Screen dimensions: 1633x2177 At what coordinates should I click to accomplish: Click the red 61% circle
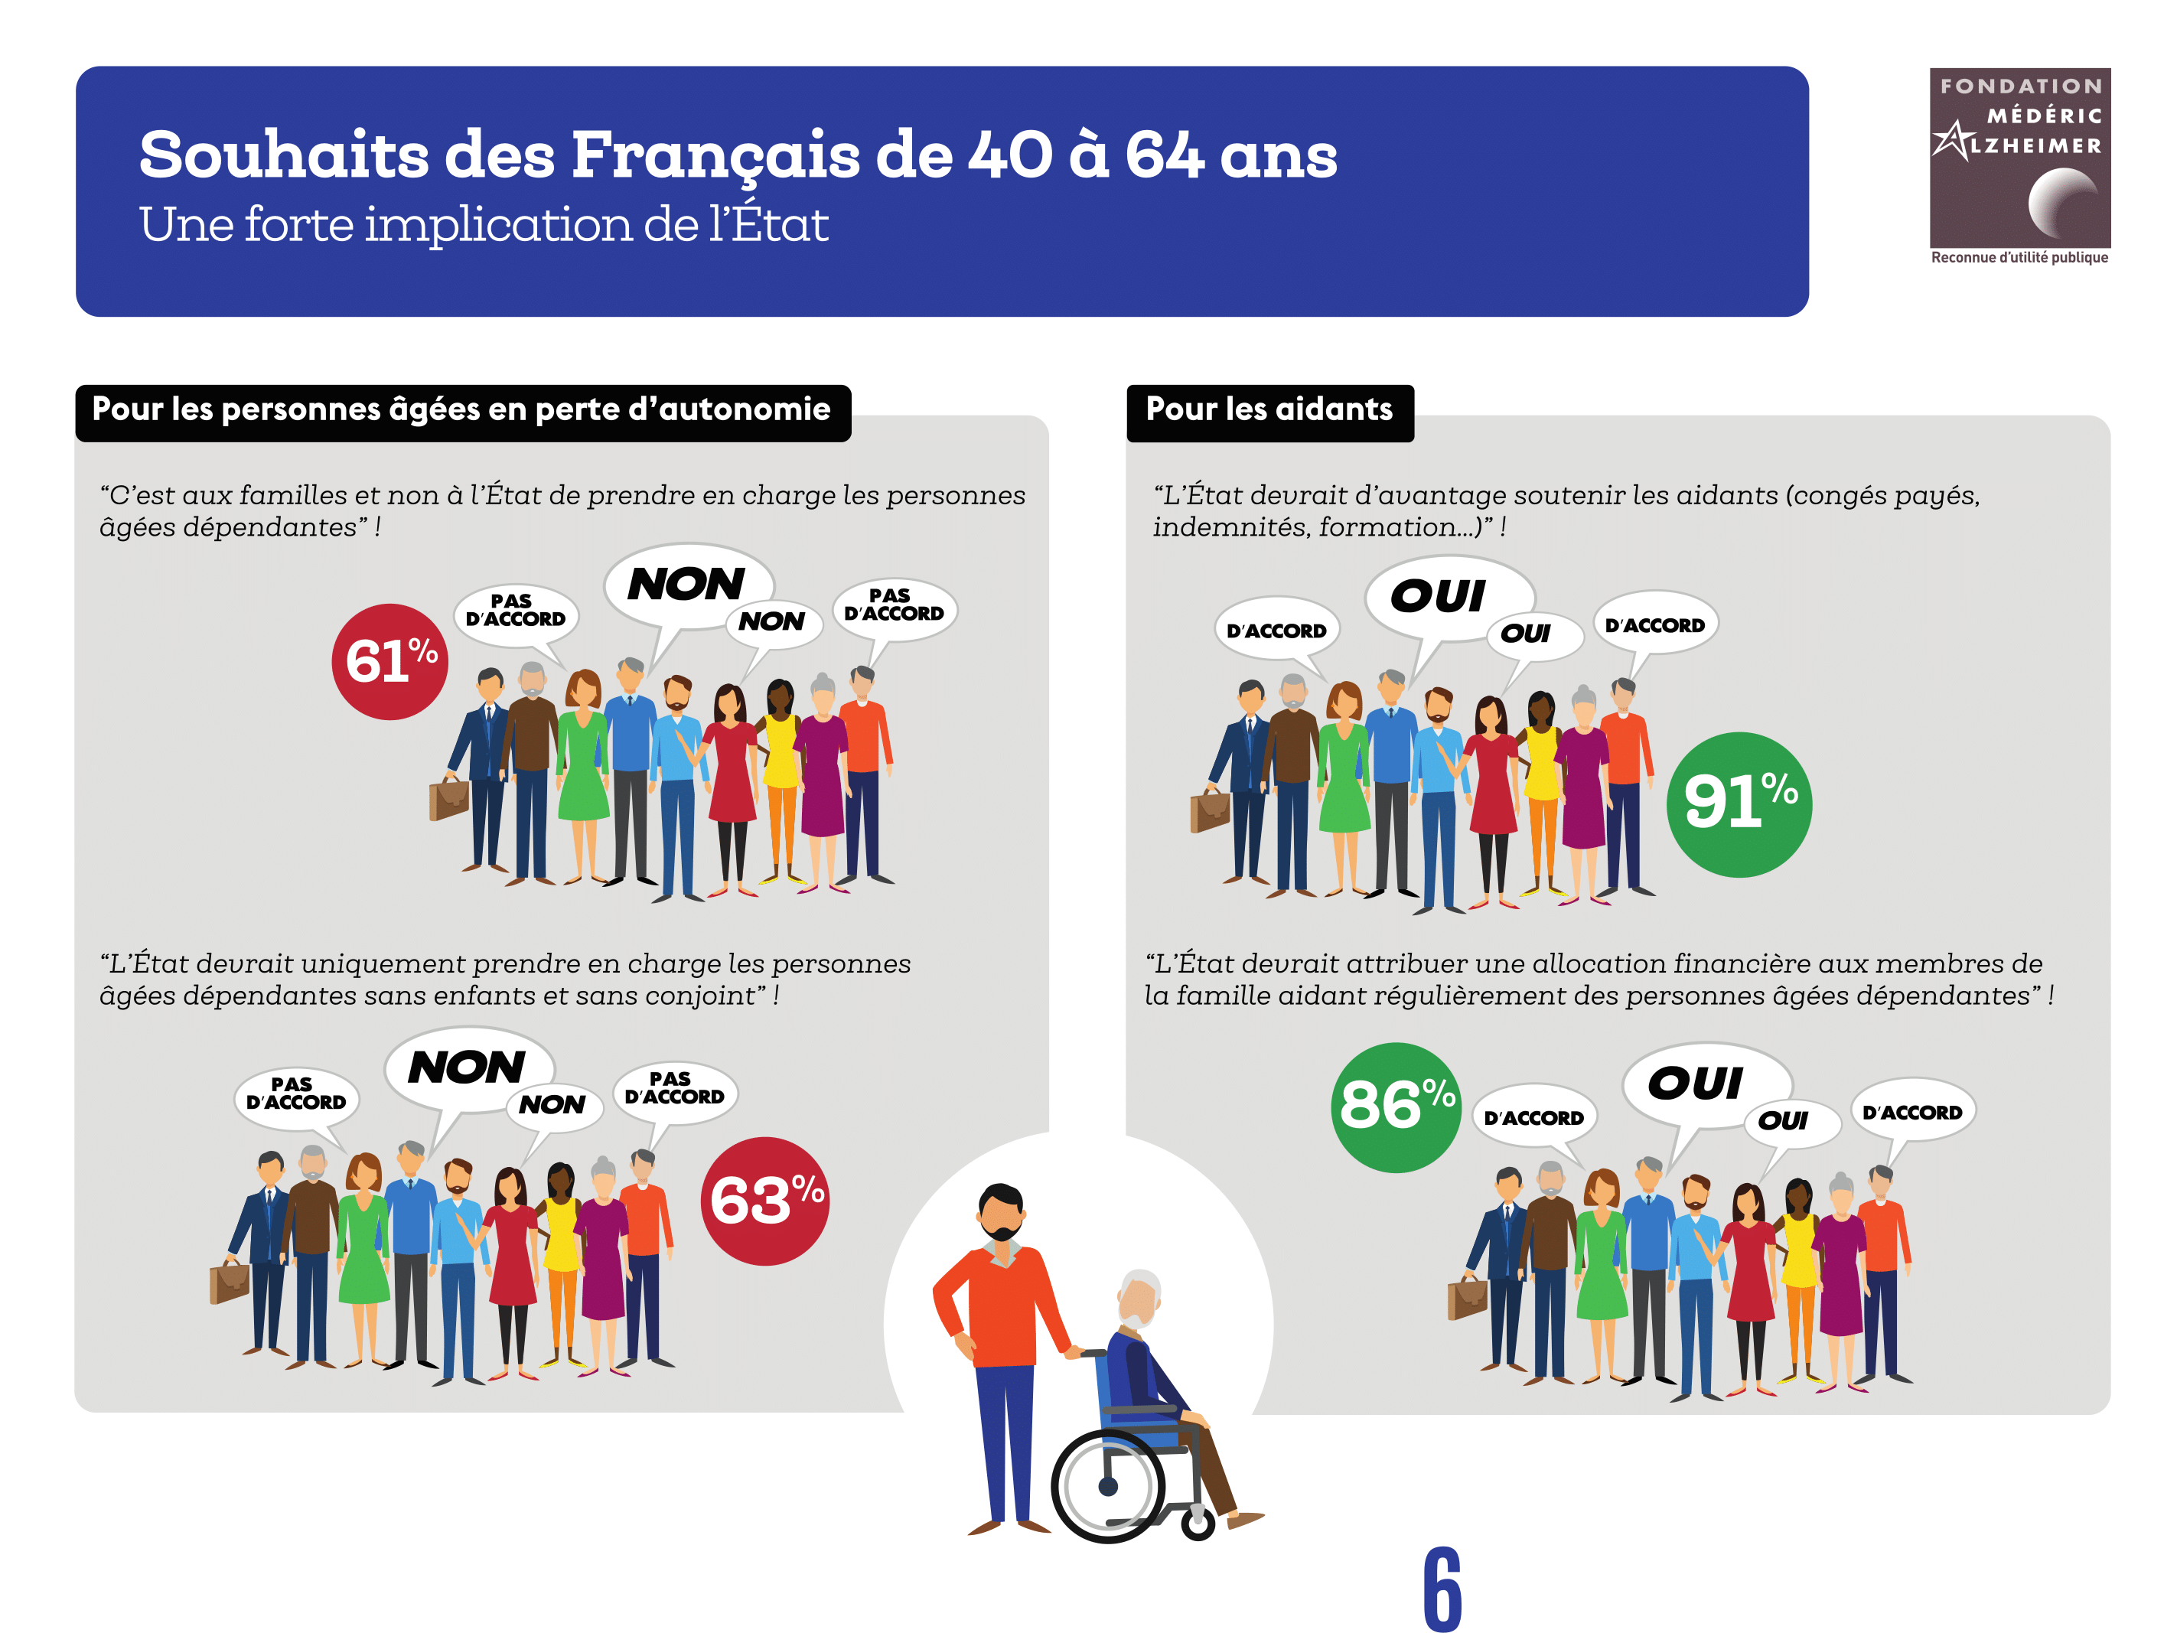(389, 661)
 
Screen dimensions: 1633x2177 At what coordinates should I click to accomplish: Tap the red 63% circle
(764, 1201)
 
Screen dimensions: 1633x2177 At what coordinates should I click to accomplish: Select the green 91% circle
(1739, 804)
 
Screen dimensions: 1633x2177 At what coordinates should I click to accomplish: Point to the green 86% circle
(1396, 1107)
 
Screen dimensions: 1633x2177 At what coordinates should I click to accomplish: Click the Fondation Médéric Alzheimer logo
(2019, 158)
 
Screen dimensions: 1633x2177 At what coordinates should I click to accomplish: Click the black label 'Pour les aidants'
(1269, 410)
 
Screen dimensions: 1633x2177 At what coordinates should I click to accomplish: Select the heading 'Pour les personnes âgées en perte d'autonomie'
(461, 410)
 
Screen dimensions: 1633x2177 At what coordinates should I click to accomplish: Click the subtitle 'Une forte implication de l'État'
(484, 226)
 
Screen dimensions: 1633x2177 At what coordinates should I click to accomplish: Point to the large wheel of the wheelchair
(1108, 1486)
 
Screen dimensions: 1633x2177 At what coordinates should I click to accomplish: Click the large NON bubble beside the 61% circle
(687, 585)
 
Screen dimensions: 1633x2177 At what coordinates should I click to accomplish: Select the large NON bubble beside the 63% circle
(467, 1069)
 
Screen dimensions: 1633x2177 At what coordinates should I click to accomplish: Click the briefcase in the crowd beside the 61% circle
(448, 798)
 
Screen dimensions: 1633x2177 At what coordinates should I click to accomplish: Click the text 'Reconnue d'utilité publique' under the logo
(2019, 258)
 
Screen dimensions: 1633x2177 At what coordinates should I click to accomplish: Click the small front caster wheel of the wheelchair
(1198, 1524)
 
